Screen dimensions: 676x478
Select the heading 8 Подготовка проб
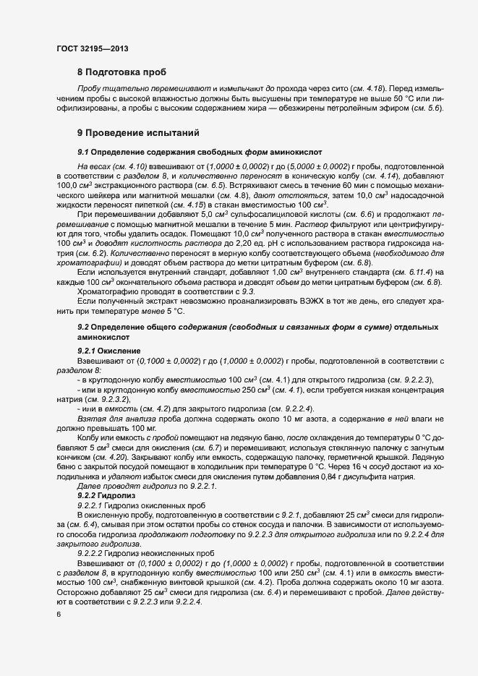pos(121,72)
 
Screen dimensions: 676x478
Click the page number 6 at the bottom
pos(59,614)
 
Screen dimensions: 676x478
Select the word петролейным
pos(353,108)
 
